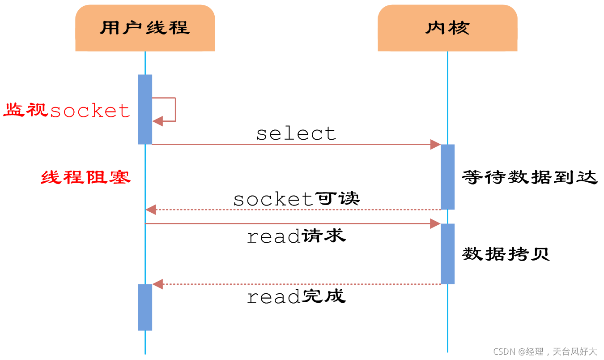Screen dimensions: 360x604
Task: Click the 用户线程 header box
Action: click(x=145, y=28)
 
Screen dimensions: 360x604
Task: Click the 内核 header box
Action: click(x=447, y=28)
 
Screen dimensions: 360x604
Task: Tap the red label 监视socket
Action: click(x=67, y=110)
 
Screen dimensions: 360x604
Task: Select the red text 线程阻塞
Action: click(x=85, y=178)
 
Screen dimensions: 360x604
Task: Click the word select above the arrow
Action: click(x=296, y=133)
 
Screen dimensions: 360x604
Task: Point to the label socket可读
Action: click(x=296, y=199)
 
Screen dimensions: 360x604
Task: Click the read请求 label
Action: click(x=296, y=236)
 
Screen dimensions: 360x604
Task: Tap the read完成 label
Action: click(x=296, y=296)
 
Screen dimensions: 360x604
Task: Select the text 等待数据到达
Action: click(x=530, y=177)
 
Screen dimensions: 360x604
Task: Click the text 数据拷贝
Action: click(x=506, y=254)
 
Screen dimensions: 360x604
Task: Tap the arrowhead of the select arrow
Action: click(x=435, y=144)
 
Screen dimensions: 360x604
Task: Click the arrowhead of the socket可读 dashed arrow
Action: click(x=151, y=209)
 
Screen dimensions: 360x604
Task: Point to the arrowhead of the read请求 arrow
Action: click(x=435, y=223)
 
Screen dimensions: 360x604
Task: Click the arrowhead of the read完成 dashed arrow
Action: click(x=157, y=284)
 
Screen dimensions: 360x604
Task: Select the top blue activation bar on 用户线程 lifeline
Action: click(x=145, y=109)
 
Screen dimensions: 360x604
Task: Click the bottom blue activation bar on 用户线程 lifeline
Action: click(x=145, y=307)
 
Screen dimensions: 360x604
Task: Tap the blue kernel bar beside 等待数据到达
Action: click(x=447, y=177)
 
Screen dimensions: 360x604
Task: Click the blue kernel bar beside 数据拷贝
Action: click(x=447, y=253)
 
